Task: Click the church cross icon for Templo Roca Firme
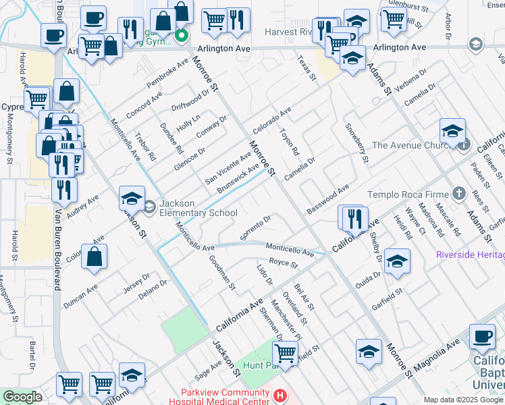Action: click(458, 194)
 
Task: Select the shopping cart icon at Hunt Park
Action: click(286, 353)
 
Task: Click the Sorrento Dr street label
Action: click(256, 222)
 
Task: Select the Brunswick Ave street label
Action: click(238, 178)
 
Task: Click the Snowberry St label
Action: click(356, 143)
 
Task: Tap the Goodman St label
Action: click(221, 273)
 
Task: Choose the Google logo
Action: click(22, 397)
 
